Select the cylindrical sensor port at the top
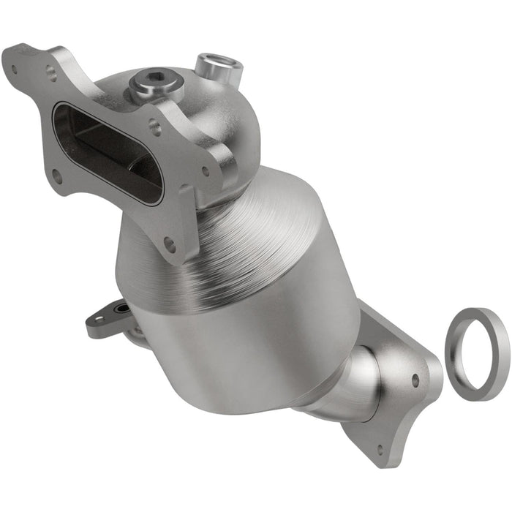pos(218,68)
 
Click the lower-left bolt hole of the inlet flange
pos(56,176)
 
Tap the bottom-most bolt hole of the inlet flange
pos(170,244)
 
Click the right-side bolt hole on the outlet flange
pos(415,381)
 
